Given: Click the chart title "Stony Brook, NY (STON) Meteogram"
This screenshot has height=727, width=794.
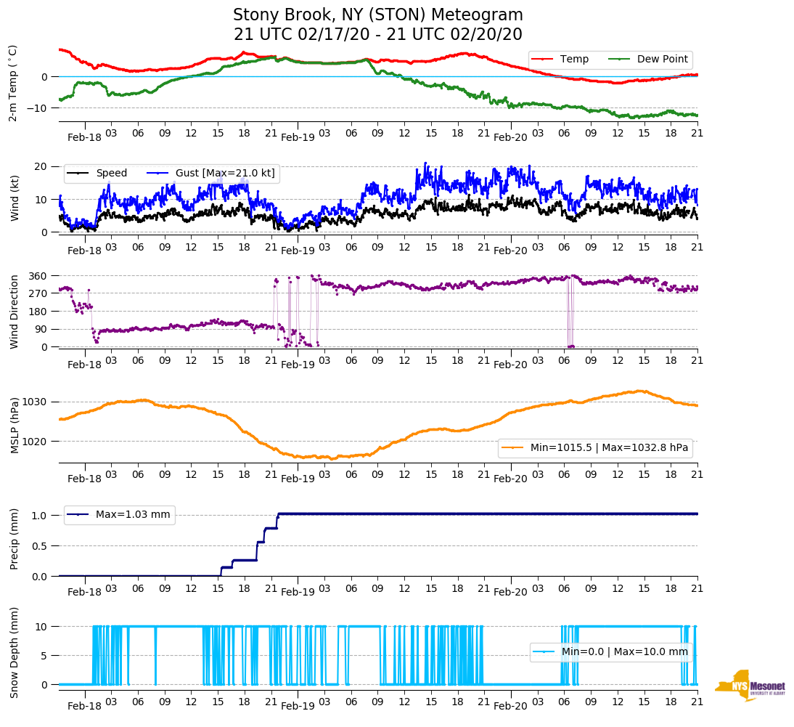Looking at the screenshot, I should (x=377, y=15).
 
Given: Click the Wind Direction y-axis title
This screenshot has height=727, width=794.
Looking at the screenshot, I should (x=14, y=311).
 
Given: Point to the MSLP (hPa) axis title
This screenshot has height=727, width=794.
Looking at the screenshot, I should (x=14, y=426).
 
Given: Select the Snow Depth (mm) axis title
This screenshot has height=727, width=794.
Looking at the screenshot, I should (x=14, y=652).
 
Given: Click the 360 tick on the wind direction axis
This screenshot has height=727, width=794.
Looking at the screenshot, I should (x=38, y=276).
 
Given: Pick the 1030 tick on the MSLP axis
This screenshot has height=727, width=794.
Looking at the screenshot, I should (x=36, y=402).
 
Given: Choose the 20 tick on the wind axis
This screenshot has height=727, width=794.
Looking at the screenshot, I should (x=42, y=166).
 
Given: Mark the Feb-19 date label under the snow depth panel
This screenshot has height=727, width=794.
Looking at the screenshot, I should (x=298, y=706).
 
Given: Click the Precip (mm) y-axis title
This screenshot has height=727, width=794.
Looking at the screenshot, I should (x=14, y=540).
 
